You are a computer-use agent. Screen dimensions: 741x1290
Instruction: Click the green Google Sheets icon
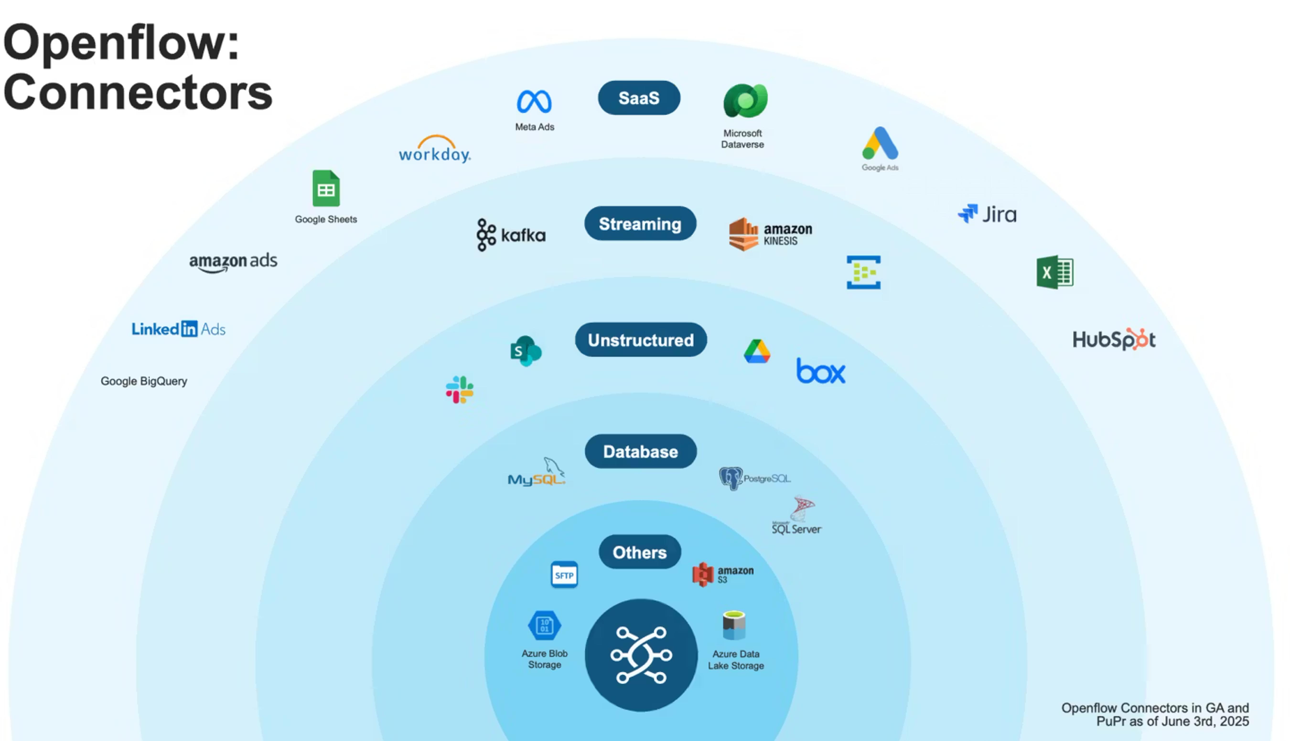[x=326, y=188]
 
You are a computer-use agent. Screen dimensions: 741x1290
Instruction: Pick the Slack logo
[x=459, y=390]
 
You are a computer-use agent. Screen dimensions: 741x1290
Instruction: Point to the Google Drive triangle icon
[x=757, y=351]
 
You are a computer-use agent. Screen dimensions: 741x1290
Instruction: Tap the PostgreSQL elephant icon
[x=731, y=478]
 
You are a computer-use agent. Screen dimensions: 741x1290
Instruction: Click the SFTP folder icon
[x=564, y=575]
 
